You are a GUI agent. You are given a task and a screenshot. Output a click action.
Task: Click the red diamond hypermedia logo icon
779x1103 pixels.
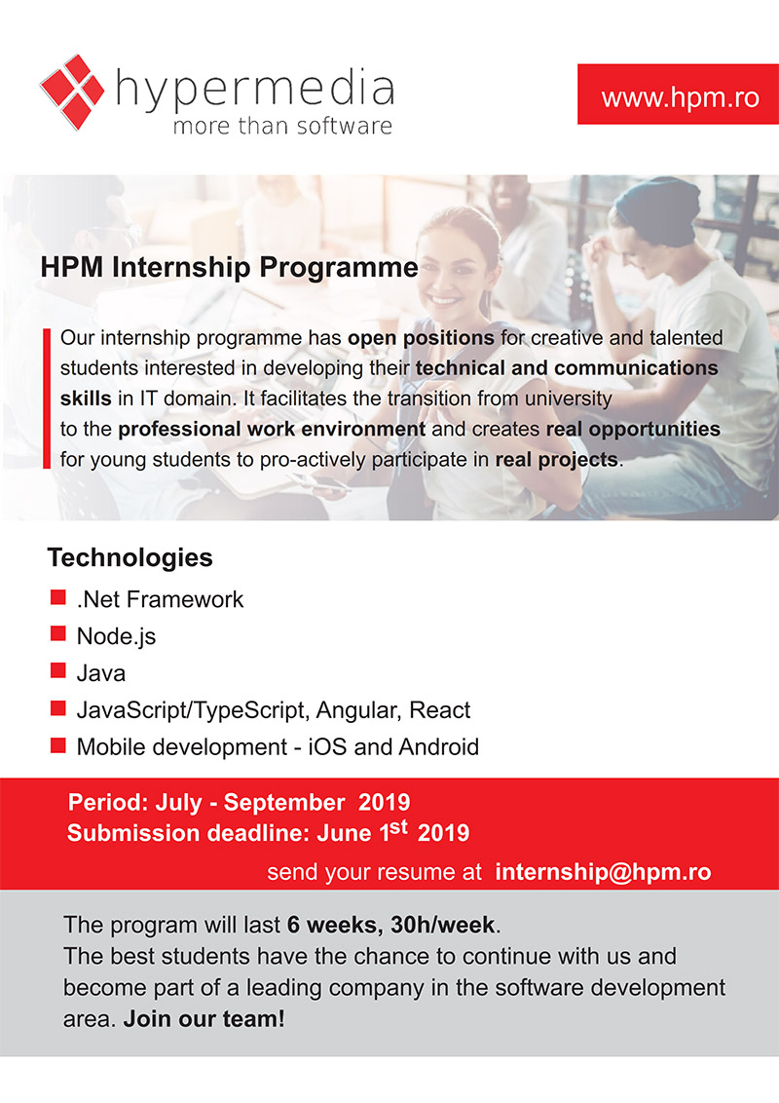pos(72,93)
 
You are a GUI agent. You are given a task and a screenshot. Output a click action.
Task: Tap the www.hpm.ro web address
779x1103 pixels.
pos(680,96)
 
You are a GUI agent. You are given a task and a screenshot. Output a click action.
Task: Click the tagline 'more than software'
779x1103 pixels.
pos(282,126)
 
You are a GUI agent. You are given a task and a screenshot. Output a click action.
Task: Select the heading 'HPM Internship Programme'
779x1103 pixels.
pos(229,267)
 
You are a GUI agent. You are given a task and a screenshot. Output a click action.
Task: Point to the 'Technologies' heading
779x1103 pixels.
pos(130,557)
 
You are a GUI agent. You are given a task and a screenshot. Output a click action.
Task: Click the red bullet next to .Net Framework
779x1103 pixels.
pos(58,598)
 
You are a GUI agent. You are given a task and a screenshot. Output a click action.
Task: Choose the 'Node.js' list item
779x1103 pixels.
pos(116,636)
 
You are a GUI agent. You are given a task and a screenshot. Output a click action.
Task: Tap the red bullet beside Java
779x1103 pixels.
pos(58,671)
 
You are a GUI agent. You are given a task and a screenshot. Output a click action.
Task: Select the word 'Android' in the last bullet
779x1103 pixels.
pos(439,746)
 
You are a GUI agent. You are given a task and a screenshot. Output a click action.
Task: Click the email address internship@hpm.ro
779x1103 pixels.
pos(603,871)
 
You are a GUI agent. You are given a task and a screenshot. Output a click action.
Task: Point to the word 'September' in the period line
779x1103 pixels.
pos(284,803)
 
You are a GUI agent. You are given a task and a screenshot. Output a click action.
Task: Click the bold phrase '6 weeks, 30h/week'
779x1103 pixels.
pos(390,925)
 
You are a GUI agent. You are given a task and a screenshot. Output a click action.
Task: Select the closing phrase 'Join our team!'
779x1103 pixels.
pos(204,1018)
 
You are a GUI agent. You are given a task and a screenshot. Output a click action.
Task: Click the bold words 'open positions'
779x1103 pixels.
pos(421,338)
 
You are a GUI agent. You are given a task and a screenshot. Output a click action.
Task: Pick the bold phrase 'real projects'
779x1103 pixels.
pos(557,459)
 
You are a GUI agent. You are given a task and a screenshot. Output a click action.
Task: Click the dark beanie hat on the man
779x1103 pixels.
pos(658,208)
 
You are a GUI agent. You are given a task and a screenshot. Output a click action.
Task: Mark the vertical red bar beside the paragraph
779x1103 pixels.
pos(47,399)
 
